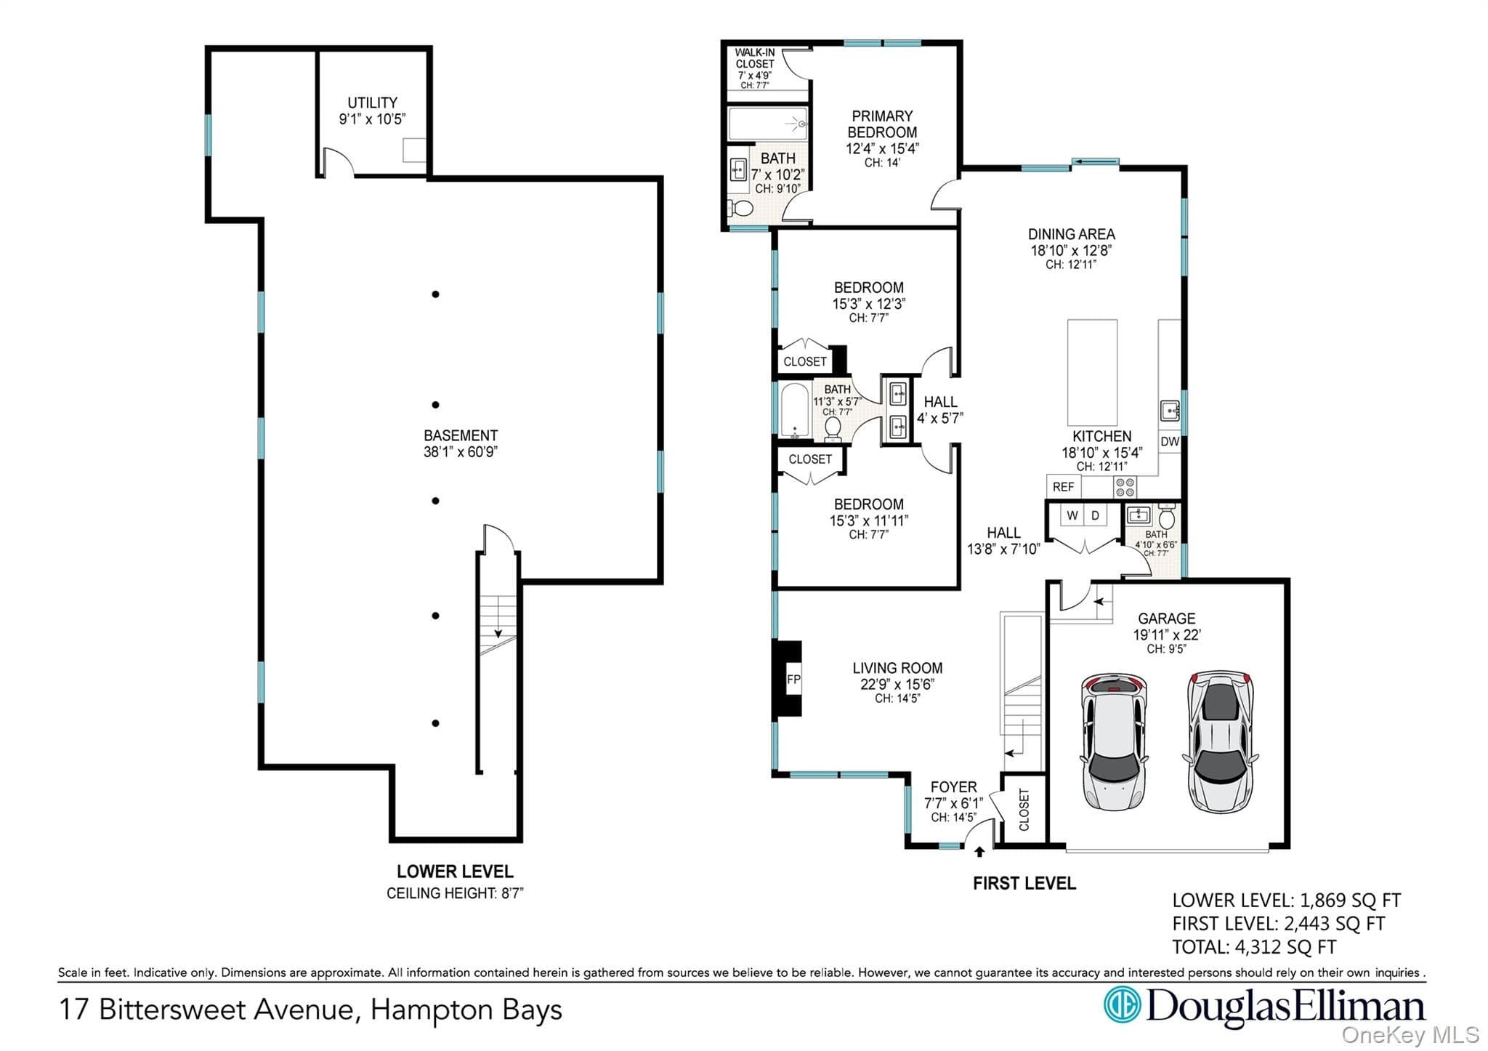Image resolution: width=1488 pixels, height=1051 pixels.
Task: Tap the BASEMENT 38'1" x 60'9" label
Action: (461, 443)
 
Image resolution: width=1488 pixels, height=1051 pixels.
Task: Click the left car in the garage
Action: (1114, 740)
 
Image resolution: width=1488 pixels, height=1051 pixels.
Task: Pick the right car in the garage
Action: (1221, 741)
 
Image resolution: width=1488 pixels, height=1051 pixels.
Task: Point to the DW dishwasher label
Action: (1169, 441)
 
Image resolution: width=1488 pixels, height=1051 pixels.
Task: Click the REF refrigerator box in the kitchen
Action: (1064, 487)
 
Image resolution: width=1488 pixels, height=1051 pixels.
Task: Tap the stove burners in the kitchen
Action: (1125, 487)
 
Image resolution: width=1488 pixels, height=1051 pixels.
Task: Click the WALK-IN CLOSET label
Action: (755, 58)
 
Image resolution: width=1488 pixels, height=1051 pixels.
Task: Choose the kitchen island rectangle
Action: (1092, 372)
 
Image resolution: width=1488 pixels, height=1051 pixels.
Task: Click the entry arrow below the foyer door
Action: (979, 851)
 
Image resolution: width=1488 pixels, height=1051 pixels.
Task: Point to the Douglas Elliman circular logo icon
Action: (1122, 1004)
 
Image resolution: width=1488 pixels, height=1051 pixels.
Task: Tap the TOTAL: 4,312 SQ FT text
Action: (1254, 947)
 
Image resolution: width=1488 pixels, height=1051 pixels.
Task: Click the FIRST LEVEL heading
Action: (1024, 883)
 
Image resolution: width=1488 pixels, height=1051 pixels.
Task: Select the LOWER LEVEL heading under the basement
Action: (455, 871)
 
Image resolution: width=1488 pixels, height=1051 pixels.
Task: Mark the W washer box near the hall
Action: (1072, 515)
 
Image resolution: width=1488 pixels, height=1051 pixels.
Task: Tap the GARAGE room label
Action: (1167, 619)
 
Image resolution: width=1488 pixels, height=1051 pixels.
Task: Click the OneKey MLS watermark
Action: (1410, 1035)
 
